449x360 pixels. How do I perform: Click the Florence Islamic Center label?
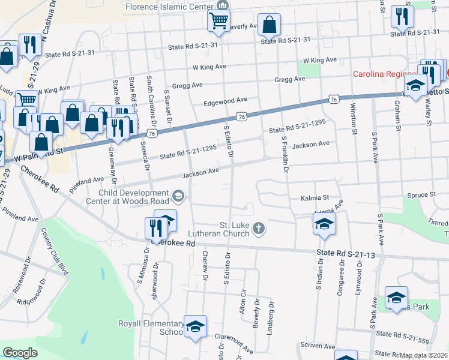tap(170, 5)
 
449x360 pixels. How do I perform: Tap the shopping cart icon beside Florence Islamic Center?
tap(219, 21)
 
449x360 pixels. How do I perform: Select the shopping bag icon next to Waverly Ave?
tap(270, 25)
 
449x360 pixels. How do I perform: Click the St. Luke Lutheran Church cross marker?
tap(259, 227)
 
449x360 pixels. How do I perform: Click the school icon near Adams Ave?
tap(324, 225)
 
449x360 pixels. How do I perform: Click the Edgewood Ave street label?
tap(225, 100)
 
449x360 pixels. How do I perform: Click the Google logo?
tap(20, 353)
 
